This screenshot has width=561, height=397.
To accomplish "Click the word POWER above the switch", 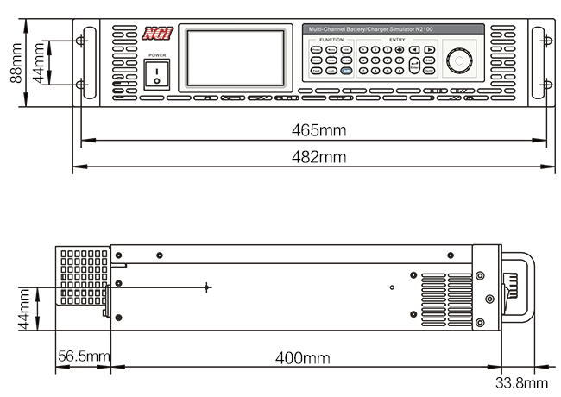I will coord(156,55).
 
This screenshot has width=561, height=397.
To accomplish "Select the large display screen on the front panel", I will coord(236,59).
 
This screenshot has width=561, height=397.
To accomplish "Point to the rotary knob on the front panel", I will coord(460,61).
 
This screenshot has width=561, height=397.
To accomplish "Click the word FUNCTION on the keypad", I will coord(331,41).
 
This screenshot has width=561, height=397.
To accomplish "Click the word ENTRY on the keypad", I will coord(396,41).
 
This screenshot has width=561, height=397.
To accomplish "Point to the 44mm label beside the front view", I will coord(37,63).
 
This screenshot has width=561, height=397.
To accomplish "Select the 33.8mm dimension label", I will coord(521,382).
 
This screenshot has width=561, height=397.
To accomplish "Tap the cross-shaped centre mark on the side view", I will coord(207,287).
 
